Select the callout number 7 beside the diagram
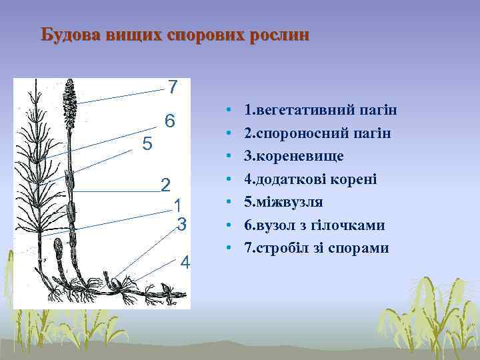173,87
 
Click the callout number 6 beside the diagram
170,122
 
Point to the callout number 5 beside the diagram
148,144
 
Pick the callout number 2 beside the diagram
166,185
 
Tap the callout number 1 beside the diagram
177,205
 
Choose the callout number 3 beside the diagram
181,224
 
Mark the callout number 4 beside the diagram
185,262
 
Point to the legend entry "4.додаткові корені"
310,179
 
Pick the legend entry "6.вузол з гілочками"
314,225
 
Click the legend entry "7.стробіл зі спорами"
316,248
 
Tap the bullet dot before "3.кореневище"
228,157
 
